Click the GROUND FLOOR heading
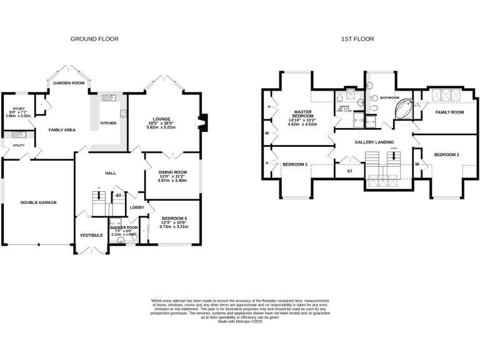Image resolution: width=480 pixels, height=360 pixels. pyautogui.click(x=94, y=39)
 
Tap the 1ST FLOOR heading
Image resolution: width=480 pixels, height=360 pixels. pyautogui.click(x=357, y=39)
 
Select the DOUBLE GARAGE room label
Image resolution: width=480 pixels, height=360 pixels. pyautogui.click(x=39, y=202)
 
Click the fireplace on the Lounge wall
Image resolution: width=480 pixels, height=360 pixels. pyautogui.click(x=201, y=122)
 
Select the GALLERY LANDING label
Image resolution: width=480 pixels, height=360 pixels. pyautogui.click(x=374, y=142)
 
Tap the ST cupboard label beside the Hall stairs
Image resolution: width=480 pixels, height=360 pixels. pyautogui.click(x=118, y=196)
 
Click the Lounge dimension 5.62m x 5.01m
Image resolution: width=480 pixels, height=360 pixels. pyautogui.click(x=161, y=127)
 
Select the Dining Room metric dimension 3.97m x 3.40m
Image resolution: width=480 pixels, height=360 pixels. pyautogui.click(x=171, y=181)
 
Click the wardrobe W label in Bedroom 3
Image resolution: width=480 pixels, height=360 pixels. pyautogui.click(x=417, y=164)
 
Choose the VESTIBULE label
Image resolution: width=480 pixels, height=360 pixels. pyautogui.click(x=91, y=236)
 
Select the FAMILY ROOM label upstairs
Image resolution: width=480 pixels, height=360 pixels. pyautogui.click(x=449, y=112)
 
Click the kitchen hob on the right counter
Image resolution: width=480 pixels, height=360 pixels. pyautogui.click(x=124, y=114)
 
